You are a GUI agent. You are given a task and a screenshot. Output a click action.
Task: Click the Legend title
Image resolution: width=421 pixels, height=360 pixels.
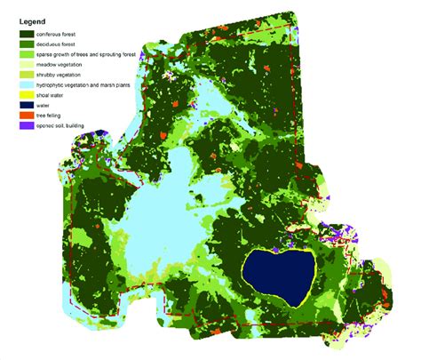pyautogui.click(x=34, y=21)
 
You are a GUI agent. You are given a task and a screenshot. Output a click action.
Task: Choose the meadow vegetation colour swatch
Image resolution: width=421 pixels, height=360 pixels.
pyautogui.click(x=32, y=66)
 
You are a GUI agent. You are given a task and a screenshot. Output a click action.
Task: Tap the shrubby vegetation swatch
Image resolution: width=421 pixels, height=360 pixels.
pyautogui.click(x=32, y=76)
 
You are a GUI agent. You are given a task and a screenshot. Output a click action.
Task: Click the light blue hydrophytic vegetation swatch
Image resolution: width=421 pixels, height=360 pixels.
pyautogui.click(x=32, y=87)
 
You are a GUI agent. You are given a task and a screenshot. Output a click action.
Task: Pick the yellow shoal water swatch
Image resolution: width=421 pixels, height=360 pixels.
pyautogui.click(x=32, y=98)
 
